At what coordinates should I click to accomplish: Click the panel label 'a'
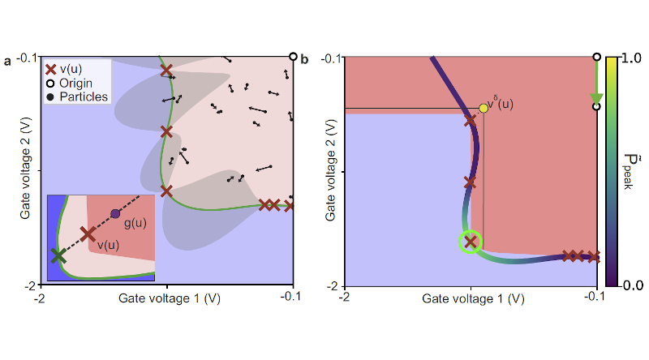tap(7, 60)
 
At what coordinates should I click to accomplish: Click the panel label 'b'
tap(303, 60)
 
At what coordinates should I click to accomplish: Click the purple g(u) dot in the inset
tap(115, 214)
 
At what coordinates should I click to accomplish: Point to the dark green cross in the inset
tap(57, 255)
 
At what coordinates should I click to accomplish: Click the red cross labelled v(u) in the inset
tap(88, 234)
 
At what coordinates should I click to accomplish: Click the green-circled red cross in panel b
tap(470, 241)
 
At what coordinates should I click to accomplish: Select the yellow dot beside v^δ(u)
tap(484, 108)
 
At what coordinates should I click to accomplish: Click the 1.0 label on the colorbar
tap(629, 58)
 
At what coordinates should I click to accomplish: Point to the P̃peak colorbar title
tap(630, 172)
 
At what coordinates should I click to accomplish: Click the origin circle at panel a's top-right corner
tap(293, 57)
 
